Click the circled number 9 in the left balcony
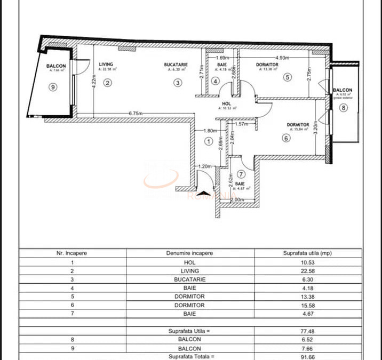click(x=52, y=87)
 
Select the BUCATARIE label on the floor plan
click(x=176, y=65)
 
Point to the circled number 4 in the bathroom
click(x=215, y=82)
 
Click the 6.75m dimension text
click(x=138, y=114)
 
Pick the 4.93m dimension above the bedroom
click(x=282, y=58)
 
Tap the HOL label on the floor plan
click(x=227, y=103)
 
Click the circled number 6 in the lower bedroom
click(x=286, y=138)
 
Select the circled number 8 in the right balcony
click(x=343, y=108)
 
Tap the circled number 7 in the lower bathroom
click(x=241, y=174)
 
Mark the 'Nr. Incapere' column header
click(x=72, y=253)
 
